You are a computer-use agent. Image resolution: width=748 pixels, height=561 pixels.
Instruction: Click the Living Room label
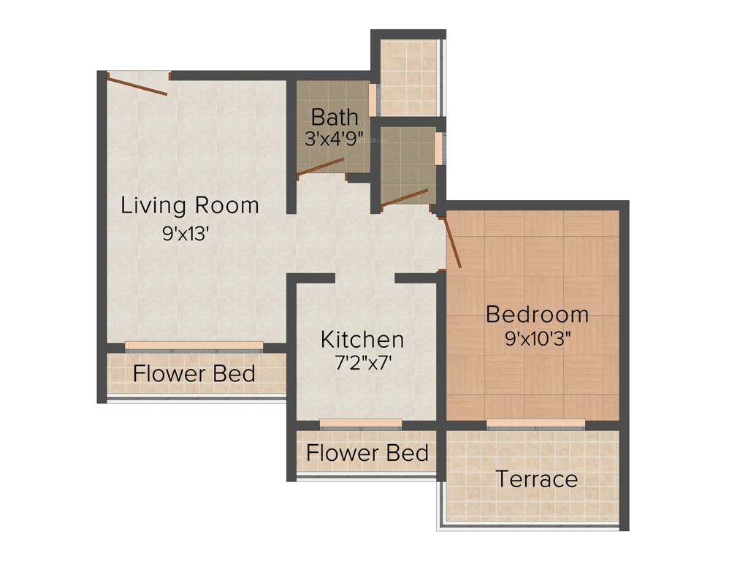point(190,205)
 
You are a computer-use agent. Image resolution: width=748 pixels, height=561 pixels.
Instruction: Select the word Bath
point(335,117)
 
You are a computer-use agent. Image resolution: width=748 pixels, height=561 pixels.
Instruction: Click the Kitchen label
point(362,340)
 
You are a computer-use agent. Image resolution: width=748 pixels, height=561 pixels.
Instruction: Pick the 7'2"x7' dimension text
point(362,363)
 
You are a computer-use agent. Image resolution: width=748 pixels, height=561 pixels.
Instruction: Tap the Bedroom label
point(537,315)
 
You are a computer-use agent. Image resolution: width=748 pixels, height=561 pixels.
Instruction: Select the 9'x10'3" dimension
point(537,339)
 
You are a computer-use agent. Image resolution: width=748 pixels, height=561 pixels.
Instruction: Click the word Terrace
point(537,479)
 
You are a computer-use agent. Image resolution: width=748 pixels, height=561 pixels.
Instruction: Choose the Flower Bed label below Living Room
point(194,374)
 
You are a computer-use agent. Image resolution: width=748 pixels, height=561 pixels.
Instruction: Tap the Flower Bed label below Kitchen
point(367,453)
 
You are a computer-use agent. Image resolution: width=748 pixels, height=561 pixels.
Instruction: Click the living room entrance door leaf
point(137,84)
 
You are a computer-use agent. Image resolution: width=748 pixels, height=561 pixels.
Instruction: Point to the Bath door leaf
point(321,167)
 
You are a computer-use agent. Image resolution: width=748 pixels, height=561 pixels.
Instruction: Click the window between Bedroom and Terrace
point(536,424)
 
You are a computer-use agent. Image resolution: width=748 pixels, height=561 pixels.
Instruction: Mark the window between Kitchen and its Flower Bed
point(361,423)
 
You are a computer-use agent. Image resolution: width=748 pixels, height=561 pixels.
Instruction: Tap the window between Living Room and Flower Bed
point(194,346)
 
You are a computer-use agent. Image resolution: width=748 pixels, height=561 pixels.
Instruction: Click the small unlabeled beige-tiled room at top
point(408,77)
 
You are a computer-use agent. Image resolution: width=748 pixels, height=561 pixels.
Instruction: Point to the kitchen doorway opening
point(365,278)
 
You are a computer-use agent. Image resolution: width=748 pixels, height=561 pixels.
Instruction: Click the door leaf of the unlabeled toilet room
point(404,196)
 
